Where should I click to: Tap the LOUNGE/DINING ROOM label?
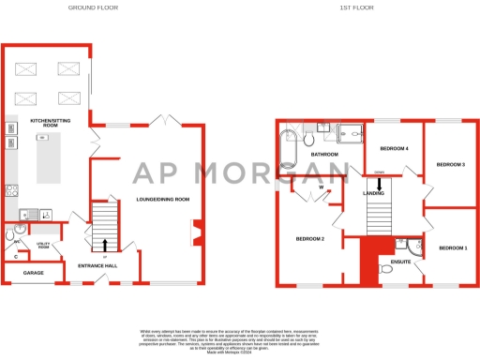[x=163, y=199]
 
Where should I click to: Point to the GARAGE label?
[x=20, y=273]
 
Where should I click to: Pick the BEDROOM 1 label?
[x=453, y=247]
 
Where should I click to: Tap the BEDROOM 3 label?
[x=451, y=166]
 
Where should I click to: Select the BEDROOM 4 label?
[x=395, y=149]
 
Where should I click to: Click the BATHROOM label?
[x=324, y=154]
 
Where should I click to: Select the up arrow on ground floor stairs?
[x=104, y=247]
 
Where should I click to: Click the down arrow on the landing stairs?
[x=380, y=184]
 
